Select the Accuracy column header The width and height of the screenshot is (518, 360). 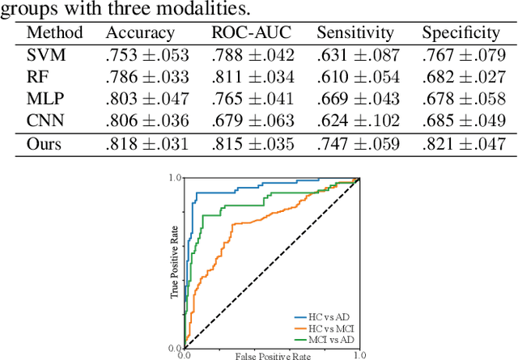pos(139,33)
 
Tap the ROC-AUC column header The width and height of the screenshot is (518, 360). pos(251,33)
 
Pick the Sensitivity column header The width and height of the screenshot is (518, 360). pos(354,33)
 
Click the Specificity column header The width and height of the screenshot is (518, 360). pos(460,33)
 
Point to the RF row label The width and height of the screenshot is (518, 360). pos(37,77)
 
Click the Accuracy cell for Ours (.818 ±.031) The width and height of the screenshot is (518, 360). pos(146,144)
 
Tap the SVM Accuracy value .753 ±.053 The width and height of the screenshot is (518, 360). pos(146,55)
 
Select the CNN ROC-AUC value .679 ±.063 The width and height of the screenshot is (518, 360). pos(253,121)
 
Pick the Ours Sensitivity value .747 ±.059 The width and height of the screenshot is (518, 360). pos(358,144)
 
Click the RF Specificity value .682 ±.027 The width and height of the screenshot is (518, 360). pos(462,77)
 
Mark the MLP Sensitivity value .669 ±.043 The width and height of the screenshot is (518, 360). pos(358,99)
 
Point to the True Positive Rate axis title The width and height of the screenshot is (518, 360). pos(174,262)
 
